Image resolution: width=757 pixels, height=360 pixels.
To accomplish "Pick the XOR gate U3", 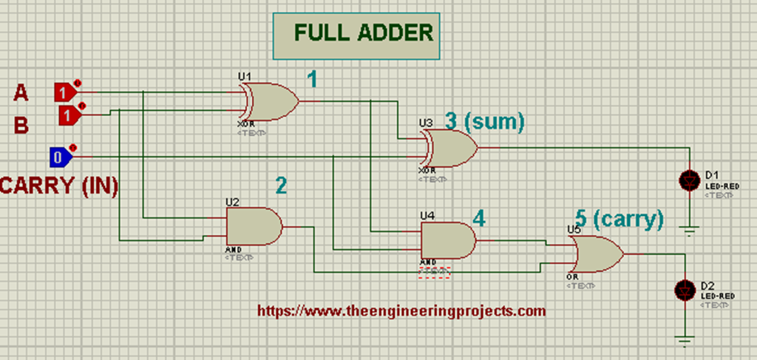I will click(x=451, y=148).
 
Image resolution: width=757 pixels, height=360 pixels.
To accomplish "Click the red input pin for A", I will click(x=65, y=92).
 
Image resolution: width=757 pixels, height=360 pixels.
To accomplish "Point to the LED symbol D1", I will click(x=689, y=180).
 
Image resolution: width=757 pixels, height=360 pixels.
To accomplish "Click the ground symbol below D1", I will click(x=689, y=230).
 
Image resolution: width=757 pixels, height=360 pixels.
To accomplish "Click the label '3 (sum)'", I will click(x=484, y=121).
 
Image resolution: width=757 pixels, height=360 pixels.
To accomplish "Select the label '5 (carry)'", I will click(x=619, y=219).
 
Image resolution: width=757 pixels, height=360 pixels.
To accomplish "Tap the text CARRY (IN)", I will click(x=59, y=186).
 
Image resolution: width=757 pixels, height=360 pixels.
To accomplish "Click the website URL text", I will click(x=401, y=311).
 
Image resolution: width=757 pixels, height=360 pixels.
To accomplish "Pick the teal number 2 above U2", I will click(x=281, y=186).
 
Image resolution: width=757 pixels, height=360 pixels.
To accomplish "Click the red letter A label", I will click(x=21, y=93).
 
